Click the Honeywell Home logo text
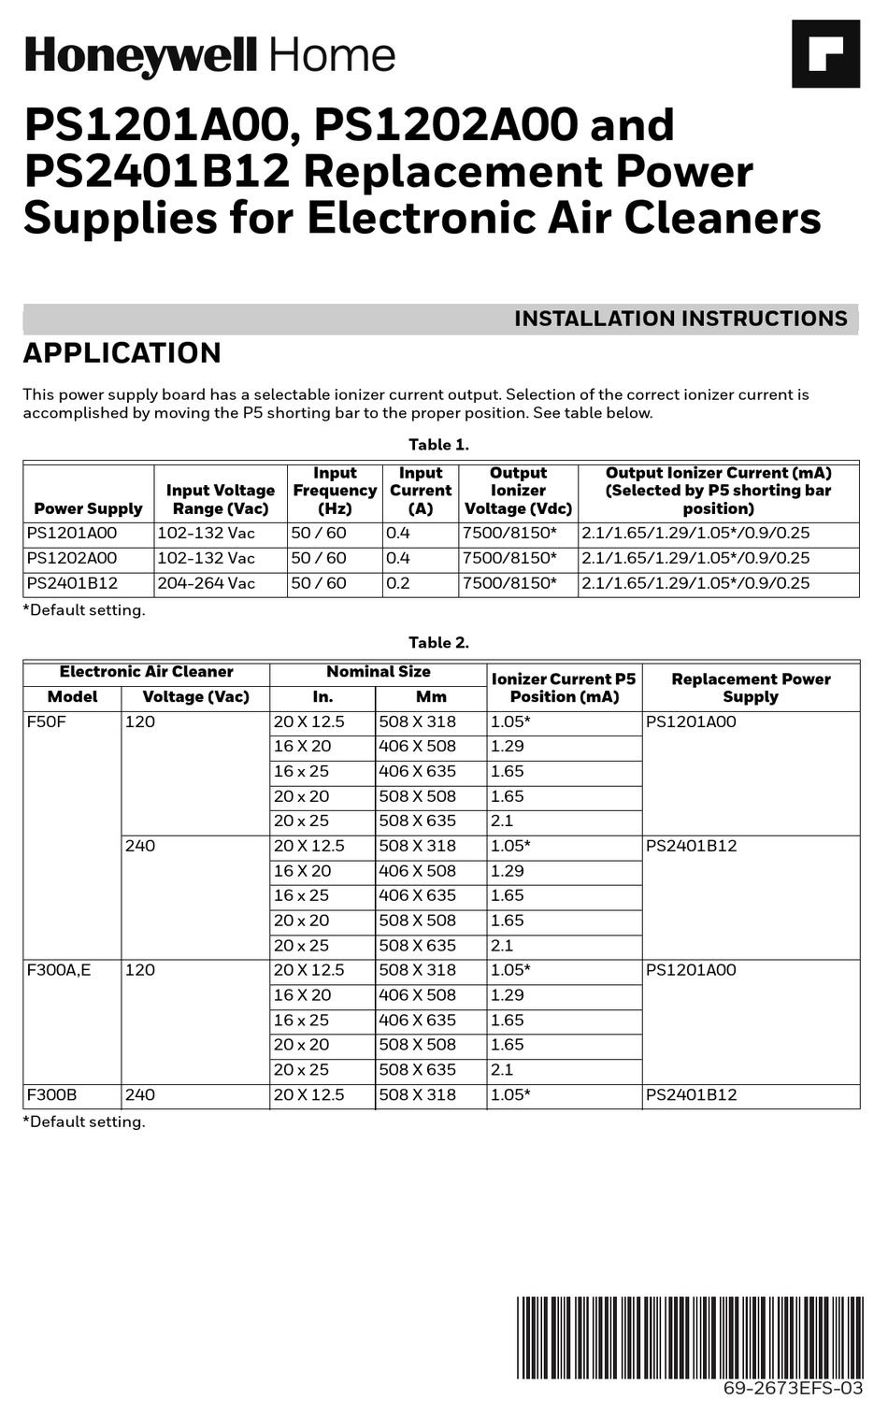[210, 56]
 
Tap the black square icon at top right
[825, 54]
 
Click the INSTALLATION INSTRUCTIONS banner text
[680, 319]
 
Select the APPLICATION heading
[122, 353]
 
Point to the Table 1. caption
[438, 445]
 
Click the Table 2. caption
[438, 643]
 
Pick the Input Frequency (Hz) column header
[335, 491]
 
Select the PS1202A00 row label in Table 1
[72, 558]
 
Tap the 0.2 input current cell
[398, 583]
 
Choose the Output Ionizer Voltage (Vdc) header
[518, 491]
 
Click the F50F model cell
[47, 721]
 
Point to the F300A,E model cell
[59, 970]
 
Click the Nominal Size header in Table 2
[378, 672]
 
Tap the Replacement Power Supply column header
[751, 687]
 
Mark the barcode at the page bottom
[690, 1336]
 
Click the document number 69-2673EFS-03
[793, 1388]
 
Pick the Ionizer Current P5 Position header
[564, 687]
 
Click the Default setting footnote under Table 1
[84, 610]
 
